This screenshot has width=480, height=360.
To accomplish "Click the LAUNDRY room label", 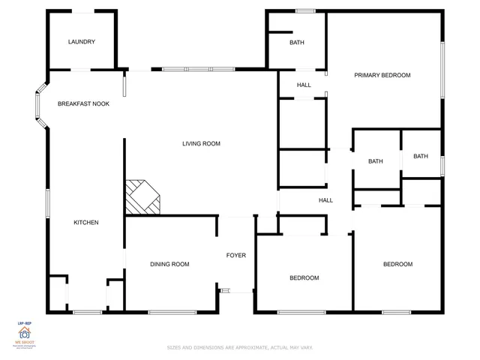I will point(82,42).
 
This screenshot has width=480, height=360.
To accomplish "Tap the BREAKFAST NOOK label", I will point(83,103).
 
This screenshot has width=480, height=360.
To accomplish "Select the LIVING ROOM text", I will point(201,143).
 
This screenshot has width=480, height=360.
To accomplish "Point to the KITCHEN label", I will point(85,222).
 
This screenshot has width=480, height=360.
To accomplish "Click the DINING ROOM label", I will point(169,264).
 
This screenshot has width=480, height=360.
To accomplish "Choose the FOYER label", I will point(236,256).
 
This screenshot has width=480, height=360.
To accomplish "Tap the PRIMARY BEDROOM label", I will point(382,75).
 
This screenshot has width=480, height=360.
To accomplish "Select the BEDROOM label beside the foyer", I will point(304,278).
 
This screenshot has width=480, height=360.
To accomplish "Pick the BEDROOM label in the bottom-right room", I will point(397,264).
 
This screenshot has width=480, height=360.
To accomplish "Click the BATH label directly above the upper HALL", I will point(297,43).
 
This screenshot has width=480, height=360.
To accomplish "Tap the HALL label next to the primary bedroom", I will point(304,85).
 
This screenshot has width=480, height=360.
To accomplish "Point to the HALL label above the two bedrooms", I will point(325,200).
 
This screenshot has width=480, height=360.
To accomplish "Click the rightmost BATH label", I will point(421,156).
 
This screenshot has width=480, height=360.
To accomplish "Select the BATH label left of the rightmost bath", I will point(375,161).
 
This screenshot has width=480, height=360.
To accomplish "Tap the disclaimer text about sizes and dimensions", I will point(239,347).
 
